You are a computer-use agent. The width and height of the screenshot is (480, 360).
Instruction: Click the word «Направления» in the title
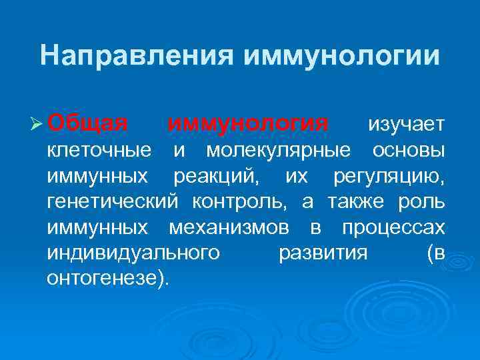click(134, 55)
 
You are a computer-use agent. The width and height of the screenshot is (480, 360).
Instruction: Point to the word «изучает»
click(406, 125)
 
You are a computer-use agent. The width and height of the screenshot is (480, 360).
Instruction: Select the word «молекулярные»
click(278, 151)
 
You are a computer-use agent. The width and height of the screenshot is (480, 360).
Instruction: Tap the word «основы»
click(409, 151)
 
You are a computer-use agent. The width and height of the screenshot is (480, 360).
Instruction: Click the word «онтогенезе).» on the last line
click(109, 279)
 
